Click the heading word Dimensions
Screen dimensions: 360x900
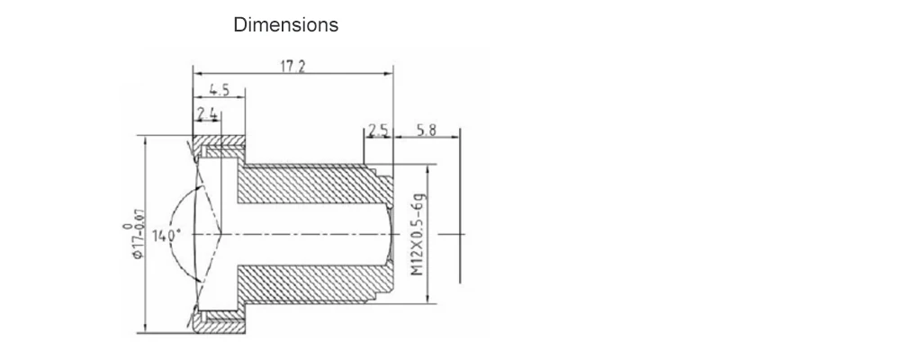point(285,25)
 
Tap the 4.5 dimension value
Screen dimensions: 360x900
point(219,89)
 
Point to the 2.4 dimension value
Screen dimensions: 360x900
point(207,112)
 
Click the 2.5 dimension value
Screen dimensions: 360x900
point(377,131)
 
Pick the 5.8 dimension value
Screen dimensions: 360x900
point(427,131)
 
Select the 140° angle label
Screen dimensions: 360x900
point(167,236)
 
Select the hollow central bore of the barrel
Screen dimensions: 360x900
point(306,232)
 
